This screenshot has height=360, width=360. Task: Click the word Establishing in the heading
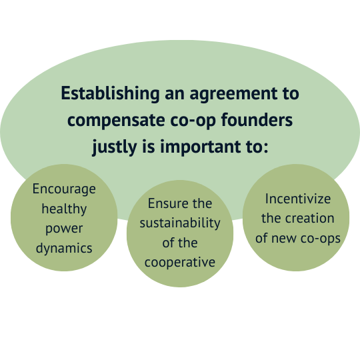[110, 93]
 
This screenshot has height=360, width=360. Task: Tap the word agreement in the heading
[233, 94]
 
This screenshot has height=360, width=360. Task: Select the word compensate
[116, 121]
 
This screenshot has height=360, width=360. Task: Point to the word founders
[257, 119]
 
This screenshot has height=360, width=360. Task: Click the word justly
[115, 147]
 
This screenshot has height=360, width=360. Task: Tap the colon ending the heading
[266, 147]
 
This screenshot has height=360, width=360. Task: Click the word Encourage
[64, 189]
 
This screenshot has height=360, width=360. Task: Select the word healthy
[64, 209]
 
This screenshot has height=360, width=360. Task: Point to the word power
[64, 229]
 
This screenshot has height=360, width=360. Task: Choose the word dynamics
[64, 249]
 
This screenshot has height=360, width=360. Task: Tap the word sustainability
[180, 223]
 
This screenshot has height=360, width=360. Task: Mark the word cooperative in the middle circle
[180, 262]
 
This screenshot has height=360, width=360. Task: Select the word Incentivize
[298, 199]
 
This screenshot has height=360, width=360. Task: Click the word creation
[309, 218]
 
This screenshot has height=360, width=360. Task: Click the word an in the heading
[175, 95]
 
